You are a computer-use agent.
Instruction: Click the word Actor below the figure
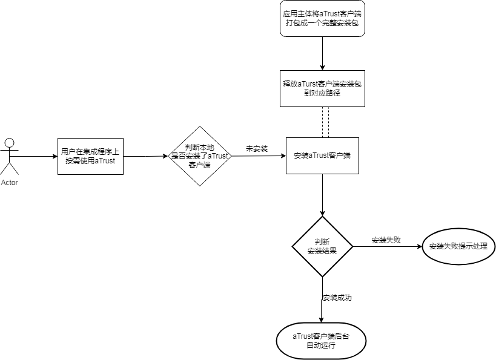pos(9,183)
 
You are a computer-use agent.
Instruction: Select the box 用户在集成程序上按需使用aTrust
pos(90,156)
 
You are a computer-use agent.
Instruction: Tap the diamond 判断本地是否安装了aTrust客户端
pos(199,156)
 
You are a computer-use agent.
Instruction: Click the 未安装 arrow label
pos(257,149)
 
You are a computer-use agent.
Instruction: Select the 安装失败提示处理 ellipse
pos(458,246)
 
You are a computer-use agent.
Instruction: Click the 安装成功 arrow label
pos(337,298)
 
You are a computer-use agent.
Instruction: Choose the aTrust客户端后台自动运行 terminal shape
pos(322,340)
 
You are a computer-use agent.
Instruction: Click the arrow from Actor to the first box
pos(36,156)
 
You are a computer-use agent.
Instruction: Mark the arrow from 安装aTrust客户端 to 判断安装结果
pos(322,195)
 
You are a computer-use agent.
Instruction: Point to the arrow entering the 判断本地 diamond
pos(145,156)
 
